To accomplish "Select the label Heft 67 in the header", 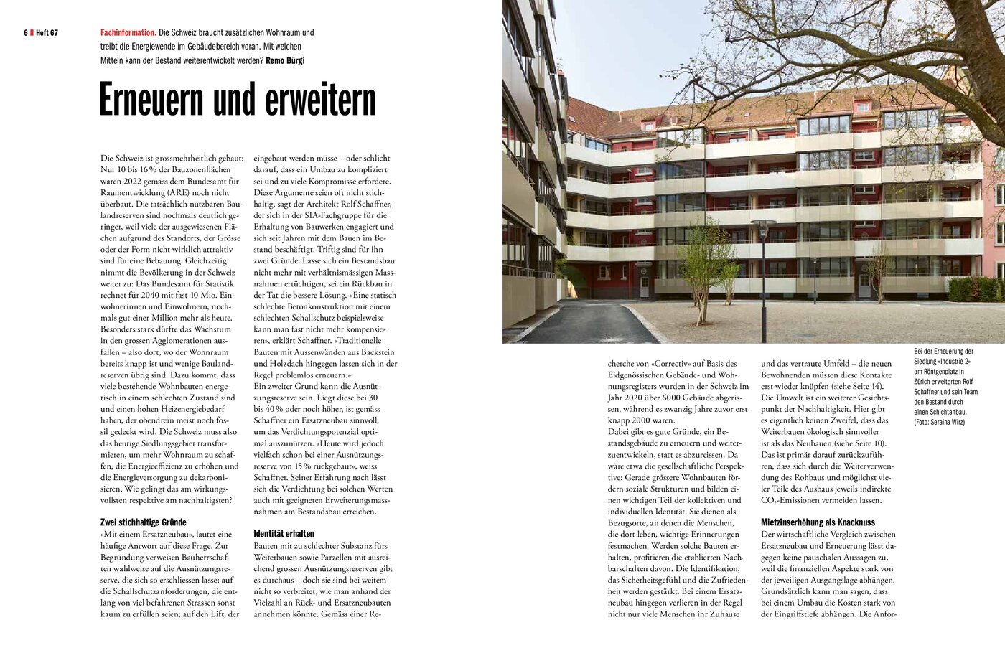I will (x=46, y=33).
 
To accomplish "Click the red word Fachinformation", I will (x=128, y=33).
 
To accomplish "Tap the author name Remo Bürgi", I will (x=285, y=60).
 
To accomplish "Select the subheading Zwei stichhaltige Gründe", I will (x=144, y=522).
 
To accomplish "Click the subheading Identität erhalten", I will (x=284, y=534).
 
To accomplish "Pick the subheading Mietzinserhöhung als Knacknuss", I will (x=818, y=522).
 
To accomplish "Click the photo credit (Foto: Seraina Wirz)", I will (x=940, y=422).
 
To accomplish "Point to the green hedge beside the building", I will (x=975, y=289).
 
